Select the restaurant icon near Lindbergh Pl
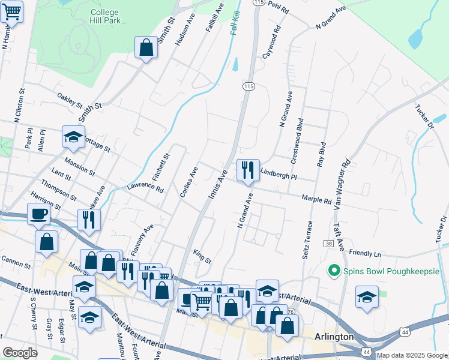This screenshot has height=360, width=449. (x=247, y=171)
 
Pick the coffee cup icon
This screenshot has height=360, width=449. (x=39, y=214)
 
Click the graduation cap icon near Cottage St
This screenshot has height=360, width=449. (x=73, y=137)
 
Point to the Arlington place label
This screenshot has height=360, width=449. (x=334, y=337)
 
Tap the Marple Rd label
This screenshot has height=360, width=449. (x=316, y=198)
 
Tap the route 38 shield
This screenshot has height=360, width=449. (x=328, y=244)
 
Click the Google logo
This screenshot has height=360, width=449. (x=20, y=353)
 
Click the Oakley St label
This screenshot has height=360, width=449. (x=69, y=100)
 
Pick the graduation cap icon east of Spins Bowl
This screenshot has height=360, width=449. (x=367, y=297)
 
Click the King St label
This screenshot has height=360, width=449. (x=202, y=257)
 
